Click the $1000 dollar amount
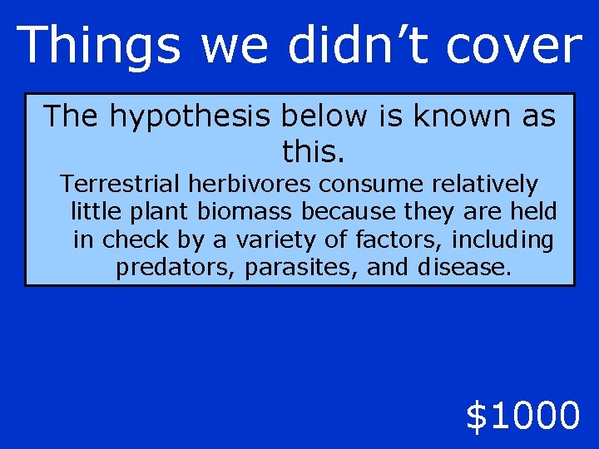tap(522, 416)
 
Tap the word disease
tap(462, 268)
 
